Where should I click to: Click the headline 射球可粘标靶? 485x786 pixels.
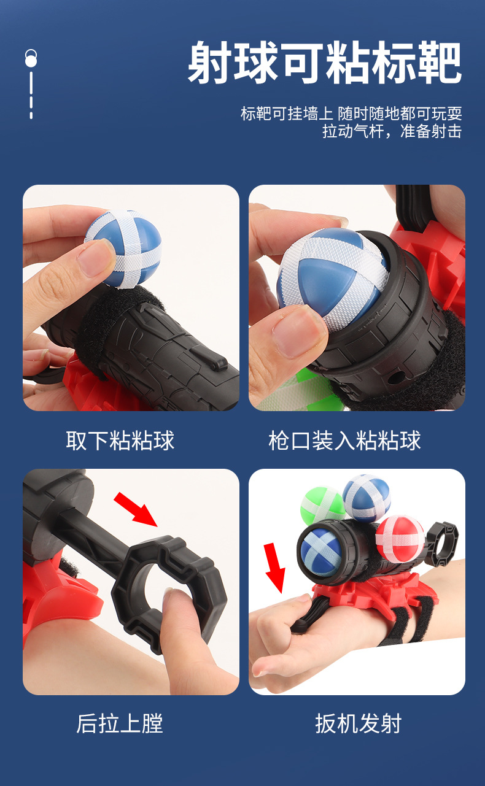[325, 63]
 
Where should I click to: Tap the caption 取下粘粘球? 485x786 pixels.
[120, 441]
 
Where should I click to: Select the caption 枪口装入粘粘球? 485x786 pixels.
[344, 441]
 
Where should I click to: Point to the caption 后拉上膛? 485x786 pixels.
[120, 723]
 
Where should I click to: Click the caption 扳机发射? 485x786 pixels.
[358, 723]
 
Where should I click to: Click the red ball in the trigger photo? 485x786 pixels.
[399, 539]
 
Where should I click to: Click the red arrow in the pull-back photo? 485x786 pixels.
[136, 509]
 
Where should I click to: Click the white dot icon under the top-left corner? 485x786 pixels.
[31, 58]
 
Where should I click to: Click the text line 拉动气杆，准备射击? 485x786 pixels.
[392, 131]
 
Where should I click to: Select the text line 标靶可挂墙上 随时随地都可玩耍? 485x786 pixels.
[351, 114]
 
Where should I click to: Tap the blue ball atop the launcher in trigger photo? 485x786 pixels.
[367, 497]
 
